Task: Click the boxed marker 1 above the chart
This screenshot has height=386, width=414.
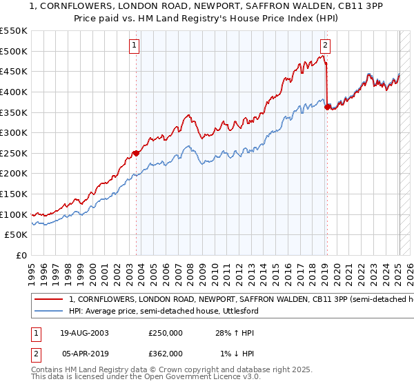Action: [135, 46]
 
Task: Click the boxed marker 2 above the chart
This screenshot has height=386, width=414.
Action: [325, 46]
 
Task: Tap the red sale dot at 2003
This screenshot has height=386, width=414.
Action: [136, 153]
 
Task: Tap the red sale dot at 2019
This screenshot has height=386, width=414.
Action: [326, 107]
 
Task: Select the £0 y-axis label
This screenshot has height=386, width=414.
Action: [21, 256]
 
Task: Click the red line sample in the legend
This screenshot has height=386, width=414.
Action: [48, 300]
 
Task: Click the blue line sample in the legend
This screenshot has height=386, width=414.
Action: [48, 312]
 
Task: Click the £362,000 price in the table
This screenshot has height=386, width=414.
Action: [166, 354]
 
